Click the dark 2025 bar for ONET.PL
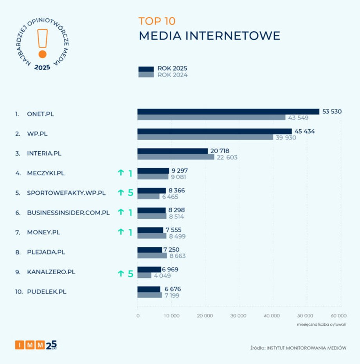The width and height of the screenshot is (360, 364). [x=228, y=112]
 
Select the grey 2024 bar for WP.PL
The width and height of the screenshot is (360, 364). [x=205, y=137]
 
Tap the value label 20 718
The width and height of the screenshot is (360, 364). [x=220, y=151]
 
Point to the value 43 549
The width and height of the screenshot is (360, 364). [x=299, y=118]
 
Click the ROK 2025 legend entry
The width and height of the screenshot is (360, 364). [x=172, y=69]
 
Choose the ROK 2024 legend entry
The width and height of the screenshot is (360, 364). [x=172, y=75]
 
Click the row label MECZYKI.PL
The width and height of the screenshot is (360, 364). [x=45, y=173]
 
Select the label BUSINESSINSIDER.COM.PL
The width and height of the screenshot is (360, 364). [x=68, y=213]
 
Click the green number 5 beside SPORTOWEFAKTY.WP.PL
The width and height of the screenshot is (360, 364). [x=131, y=193]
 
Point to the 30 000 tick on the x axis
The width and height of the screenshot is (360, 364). [x=238, y=316]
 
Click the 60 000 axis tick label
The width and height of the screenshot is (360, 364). [x=338, y=316]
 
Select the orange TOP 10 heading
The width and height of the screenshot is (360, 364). [x=157, y=21]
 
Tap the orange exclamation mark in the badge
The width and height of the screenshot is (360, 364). [x=43, y=43]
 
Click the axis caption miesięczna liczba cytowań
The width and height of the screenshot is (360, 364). [x=321, y=324]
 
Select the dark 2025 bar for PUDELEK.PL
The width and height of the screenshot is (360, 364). [x=149, y=289]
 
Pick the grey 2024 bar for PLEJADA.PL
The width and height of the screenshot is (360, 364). [x=152, y=256]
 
